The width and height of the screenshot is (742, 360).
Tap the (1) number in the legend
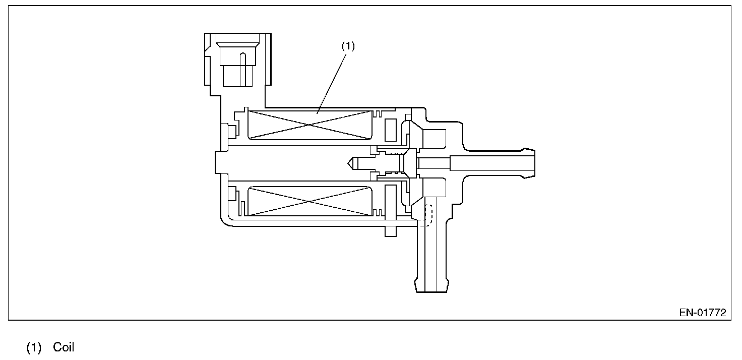click(34, 348)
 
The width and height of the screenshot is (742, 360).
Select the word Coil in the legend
click(64, 348)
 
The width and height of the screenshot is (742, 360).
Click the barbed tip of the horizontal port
click(529, 162)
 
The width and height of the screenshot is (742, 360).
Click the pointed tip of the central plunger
click(349, 162)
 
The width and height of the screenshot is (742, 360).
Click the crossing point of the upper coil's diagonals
click(310, 125)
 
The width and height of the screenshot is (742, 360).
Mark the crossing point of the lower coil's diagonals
click(310, 201)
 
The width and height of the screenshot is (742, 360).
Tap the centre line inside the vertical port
click(425, 252)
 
